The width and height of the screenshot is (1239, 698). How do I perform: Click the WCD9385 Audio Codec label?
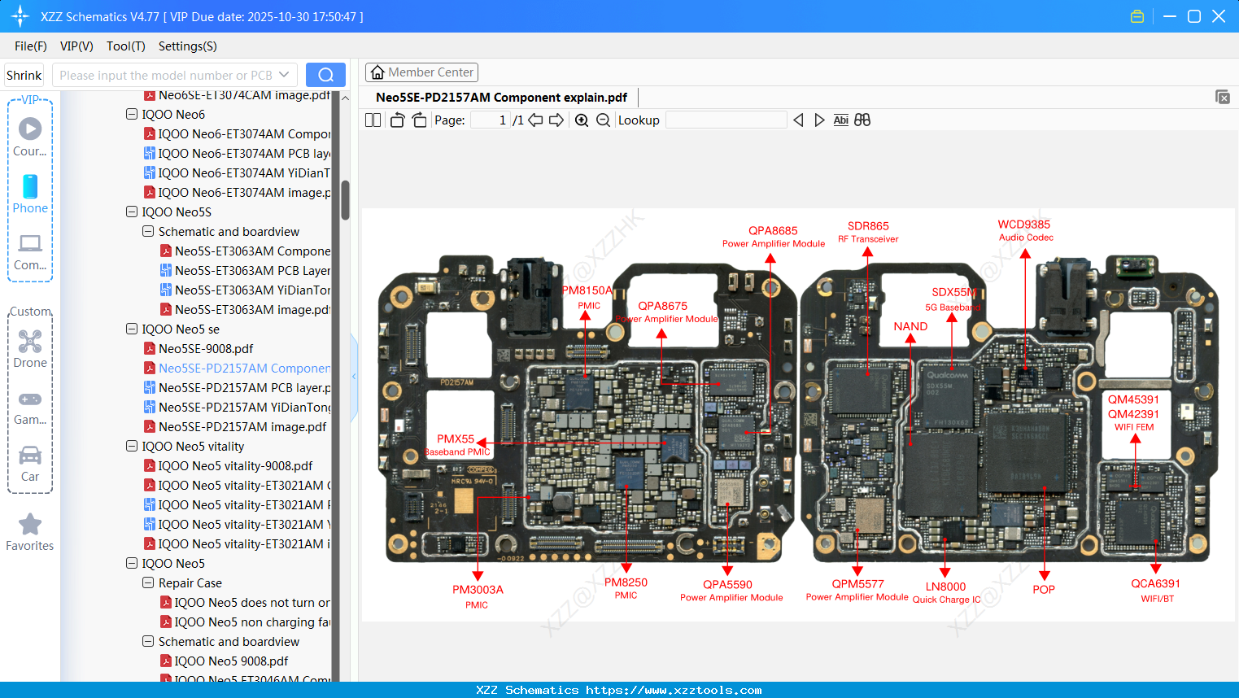pos(1024,230)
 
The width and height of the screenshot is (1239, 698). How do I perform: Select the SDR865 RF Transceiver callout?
pos(868,232)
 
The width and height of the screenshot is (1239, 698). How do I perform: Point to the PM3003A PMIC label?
pos(478,595)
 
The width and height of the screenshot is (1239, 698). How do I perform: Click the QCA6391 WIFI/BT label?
pos(1155,590)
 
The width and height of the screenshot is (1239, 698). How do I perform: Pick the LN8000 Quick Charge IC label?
pos(945,592)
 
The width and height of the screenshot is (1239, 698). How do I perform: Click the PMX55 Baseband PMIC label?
pos(456,444)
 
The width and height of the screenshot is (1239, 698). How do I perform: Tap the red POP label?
pos(1043,590)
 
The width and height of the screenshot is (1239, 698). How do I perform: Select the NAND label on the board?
pos(910,326)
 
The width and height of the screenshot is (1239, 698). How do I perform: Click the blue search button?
pos(325,75)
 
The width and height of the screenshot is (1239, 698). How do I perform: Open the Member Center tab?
pos(421,72)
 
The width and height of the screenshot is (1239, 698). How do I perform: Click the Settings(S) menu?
pos(187,46)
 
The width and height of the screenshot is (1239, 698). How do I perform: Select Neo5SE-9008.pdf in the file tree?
pos(206,349)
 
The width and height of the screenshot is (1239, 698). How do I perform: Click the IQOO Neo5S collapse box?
pos(132,212)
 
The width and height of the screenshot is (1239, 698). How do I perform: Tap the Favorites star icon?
pos(30,525)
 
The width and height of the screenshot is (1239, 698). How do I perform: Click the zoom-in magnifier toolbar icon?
pos(582,120)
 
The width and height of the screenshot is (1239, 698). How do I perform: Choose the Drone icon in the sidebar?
pos(30,342)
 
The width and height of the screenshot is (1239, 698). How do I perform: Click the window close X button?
pos(1219,16)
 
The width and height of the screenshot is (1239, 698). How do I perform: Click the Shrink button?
pos(24,76)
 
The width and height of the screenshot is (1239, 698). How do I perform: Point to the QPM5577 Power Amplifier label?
pos(857,590)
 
